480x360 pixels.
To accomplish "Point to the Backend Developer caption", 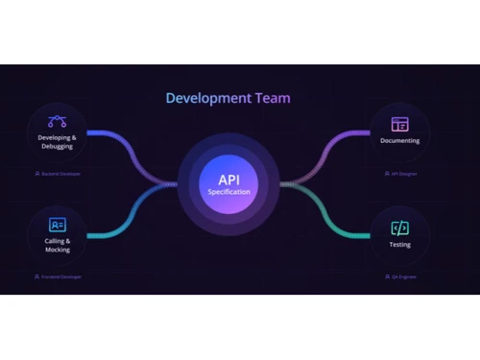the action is (x=58, y=175).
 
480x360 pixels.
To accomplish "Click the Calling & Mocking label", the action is (x=58, y=245).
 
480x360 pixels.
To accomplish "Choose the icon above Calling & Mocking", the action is (x=58, y=224).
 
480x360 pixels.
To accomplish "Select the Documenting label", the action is (x=399, y=141).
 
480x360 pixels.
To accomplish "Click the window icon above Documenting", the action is (x=399, y=124).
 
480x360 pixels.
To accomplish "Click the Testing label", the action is (x=399, y=244).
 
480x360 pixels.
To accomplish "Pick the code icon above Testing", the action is (x=399, y=227).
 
